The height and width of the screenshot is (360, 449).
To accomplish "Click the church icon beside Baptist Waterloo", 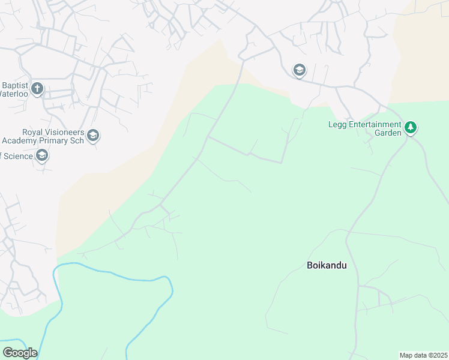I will [37, 89].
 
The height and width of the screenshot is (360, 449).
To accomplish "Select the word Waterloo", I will [14, 94].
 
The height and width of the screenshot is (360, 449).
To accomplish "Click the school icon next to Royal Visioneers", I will [92, 136].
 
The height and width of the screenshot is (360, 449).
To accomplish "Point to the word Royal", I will [34, 132].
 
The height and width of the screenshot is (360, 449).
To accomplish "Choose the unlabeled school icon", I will [298, 71].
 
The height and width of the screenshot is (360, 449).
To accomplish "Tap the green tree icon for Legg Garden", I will [411, 127].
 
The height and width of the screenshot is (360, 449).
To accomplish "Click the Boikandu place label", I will [327, 265].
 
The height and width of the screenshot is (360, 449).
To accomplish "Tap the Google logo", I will [19, 353].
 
